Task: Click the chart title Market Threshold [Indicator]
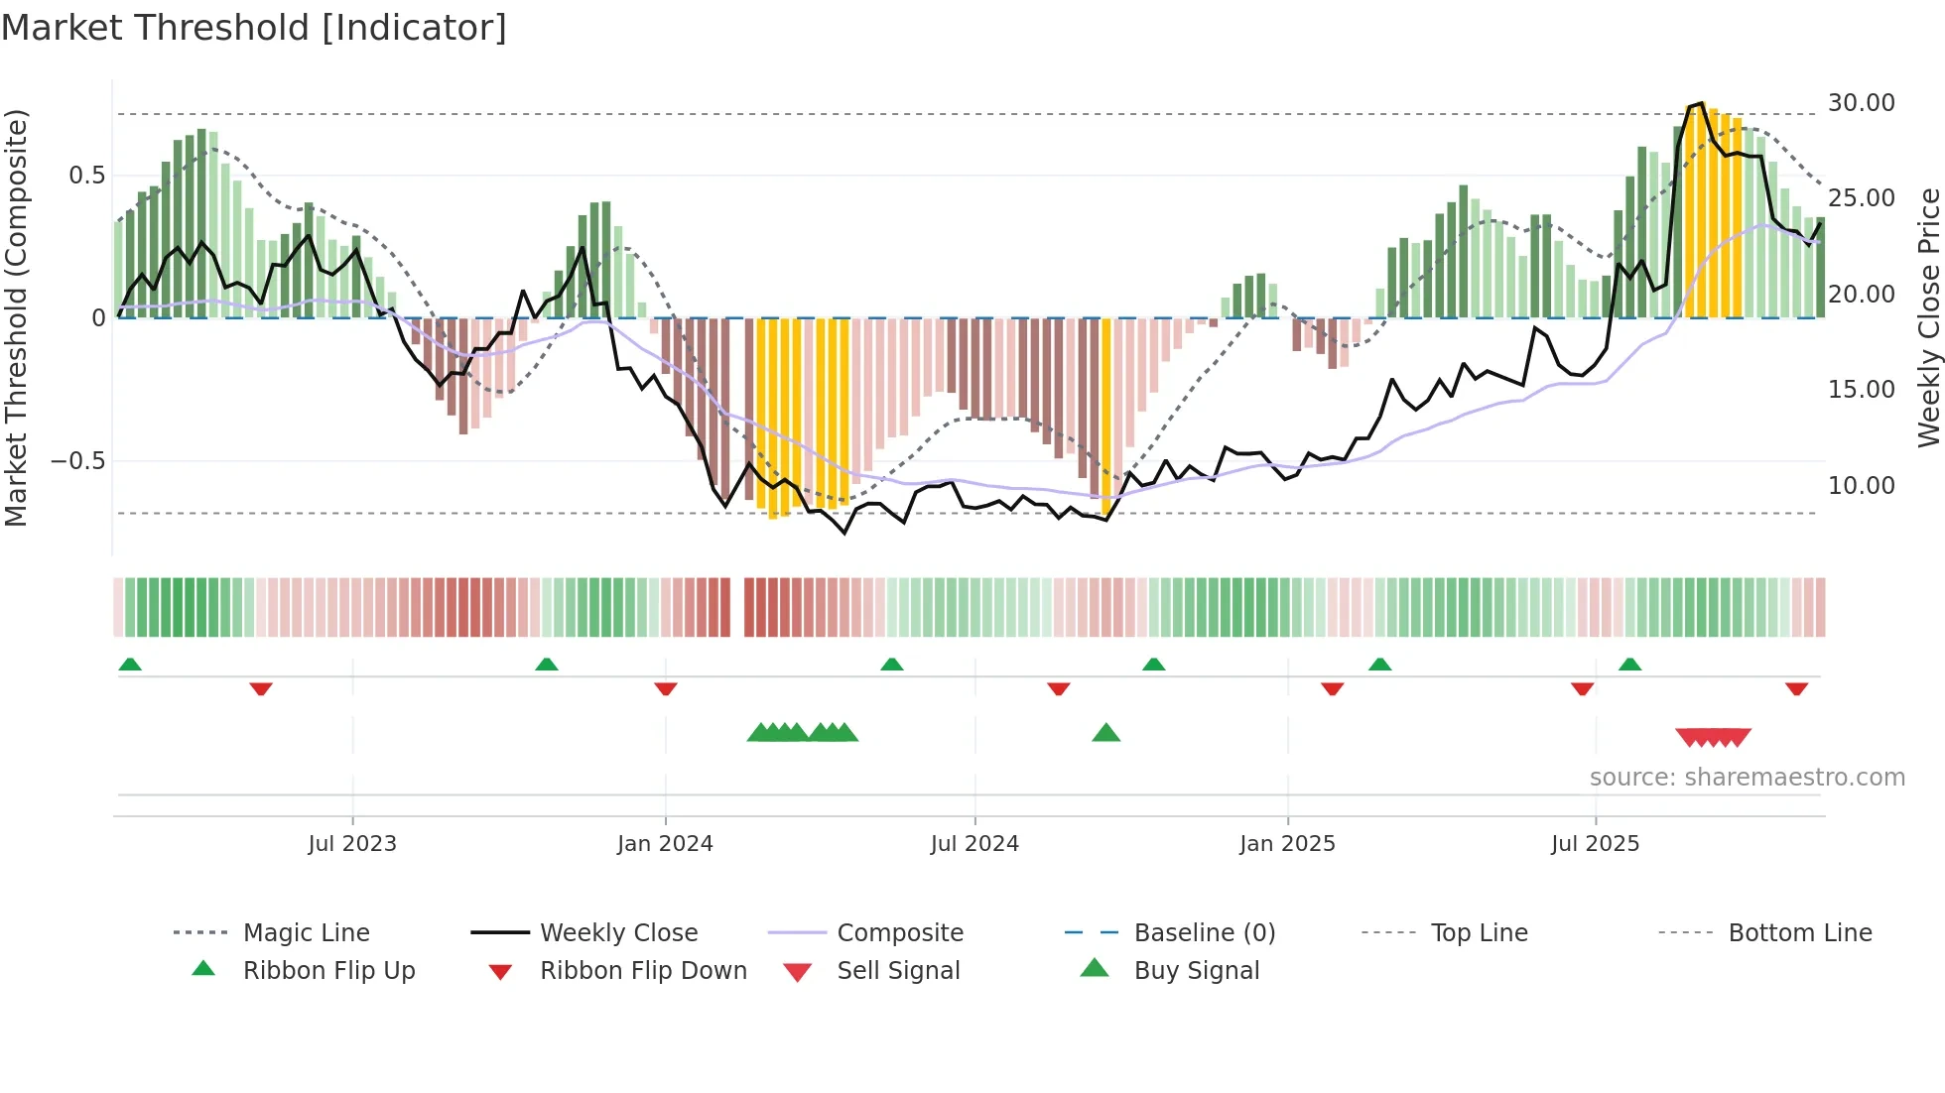[254, 28]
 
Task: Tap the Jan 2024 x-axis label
[665, 844]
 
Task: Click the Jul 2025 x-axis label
[1595, 844]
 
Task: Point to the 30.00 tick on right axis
[1861, 103]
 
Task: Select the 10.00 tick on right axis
[1861, 486]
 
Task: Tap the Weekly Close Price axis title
[1928, 317]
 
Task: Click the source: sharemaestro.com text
[1747, 778]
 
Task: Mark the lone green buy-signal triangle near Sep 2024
[1105, 733]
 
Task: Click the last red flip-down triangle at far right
[1796, 688]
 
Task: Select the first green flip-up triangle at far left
[130, 665]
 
